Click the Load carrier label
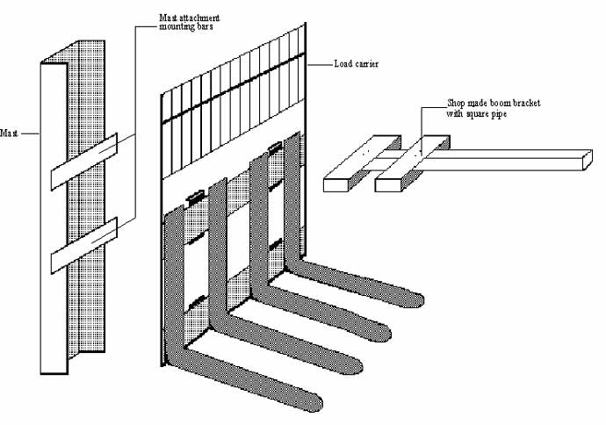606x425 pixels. click(x=357, y=64)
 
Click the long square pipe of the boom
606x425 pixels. click(x=509, y=160)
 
